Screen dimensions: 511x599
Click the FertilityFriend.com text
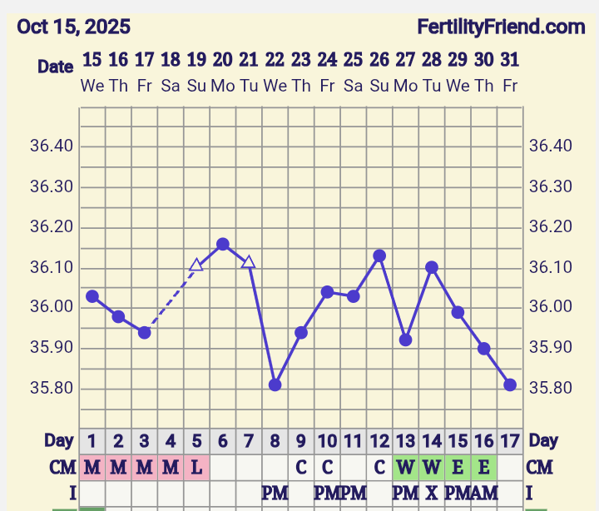pos(501,27)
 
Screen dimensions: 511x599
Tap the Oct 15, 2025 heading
pos(73,27)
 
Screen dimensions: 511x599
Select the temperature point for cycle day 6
pos(223,244)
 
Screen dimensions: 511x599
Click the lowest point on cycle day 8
pos(275,384)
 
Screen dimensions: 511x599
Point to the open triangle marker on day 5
pos(196,265)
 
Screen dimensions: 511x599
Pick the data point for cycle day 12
pos(379,255)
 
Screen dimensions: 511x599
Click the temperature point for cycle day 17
pos(510,384)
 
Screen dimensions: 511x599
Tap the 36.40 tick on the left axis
pos(52,146)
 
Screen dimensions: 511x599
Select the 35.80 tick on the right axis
pos(549,388)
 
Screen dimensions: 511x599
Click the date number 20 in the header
pos(222,59)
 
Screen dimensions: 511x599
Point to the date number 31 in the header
pos(510,59)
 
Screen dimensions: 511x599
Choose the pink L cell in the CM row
pos(196,467)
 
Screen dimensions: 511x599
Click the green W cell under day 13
pos(405,467)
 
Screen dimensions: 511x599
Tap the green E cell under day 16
pos(483,467)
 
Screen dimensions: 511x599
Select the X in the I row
pos(431,493)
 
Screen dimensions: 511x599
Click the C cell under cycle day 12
pos(379,467)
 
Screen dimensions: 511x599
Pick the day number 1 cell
pos(92,440)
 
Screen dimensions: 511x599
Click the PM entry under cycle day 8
pos(275,493)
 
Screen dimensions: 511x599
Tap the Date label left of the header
pos(55,67)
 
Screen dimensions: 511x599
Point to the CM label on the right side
pos(540,467)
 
